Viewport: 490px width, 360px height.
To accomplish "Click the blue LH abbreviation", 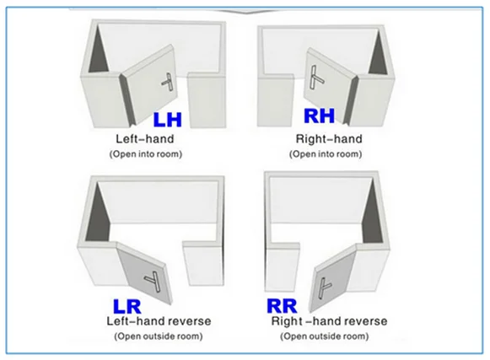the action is point(168,120).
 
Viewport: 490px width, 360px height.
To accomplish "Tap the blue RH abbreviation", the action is point(319,116).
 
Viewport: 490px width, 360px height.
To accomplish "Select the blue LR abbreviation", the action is point(127,307).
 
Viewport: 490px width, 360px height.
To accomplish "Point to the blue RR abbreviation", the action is point(282,306).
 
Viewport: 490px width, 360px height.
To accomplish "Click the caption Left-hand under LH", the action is point(145,139).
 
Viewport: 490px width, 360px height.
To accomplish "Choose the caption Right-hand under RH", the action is point(329,139).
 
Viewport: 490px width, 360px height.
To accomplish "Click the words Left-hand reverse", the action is point(159,321).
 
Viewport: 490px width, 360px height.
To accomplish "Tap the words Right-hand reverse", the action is point(330,321).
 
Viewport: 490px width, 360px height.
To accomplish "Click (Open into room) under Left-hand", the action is point(146,154).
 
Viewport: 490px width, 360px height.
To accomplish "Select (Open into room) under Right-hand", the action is point(326,154).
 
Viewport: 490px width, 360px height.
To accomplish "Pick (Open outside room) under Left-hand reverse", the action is point(159,336).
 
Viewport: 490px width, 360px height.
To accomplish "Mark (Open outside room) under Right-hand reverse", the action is point(325,336).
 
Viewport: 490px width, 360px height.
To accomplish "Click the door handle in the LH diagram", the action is point(169,82).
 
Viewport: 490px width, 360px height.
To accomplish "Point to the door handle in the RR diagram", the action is point(323,287).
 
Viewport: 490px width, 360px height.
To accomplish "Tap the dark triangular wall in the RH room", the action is point(379,54).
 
